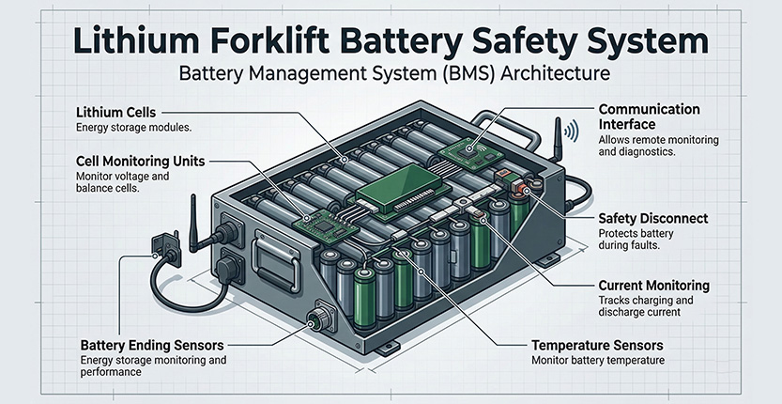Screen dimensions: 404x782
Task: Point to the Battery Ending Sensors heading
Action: [155, 345]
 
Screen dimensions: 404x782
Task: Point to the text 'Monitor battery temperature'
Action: [599, 361]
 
